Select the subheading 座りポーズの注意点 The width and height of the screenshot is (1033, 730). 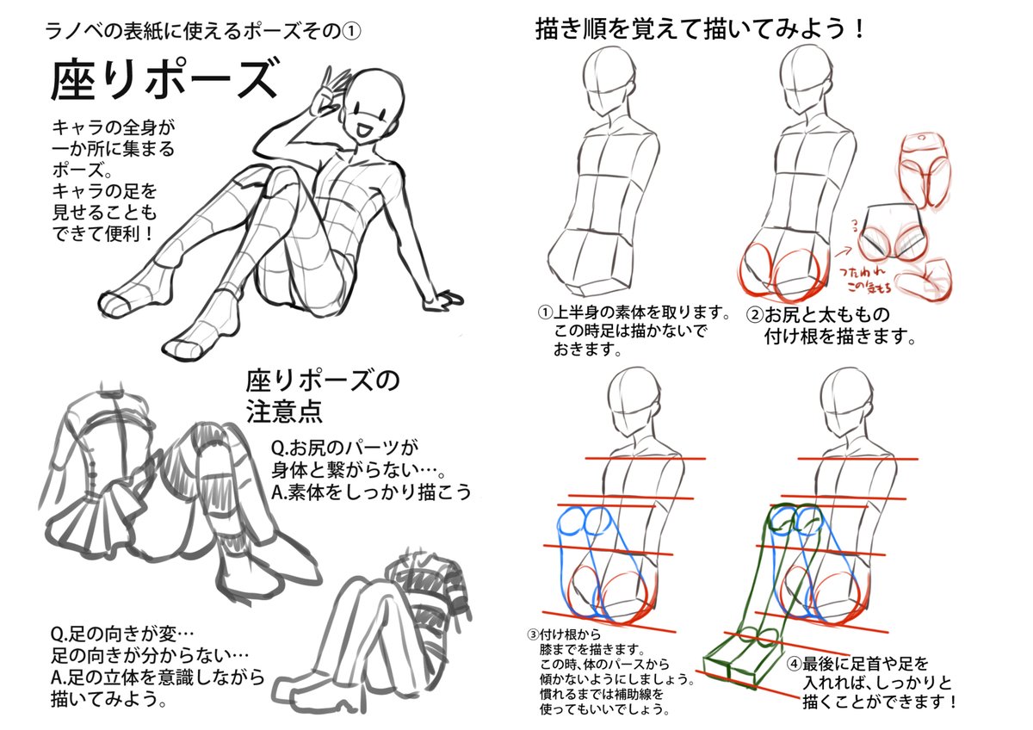(x=323, y=394)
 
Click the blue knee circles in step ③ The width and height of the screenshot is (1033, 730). (x=585, y=521)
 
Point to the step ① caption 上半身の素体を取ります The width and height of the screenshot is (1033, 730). (x=634, y=312)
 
